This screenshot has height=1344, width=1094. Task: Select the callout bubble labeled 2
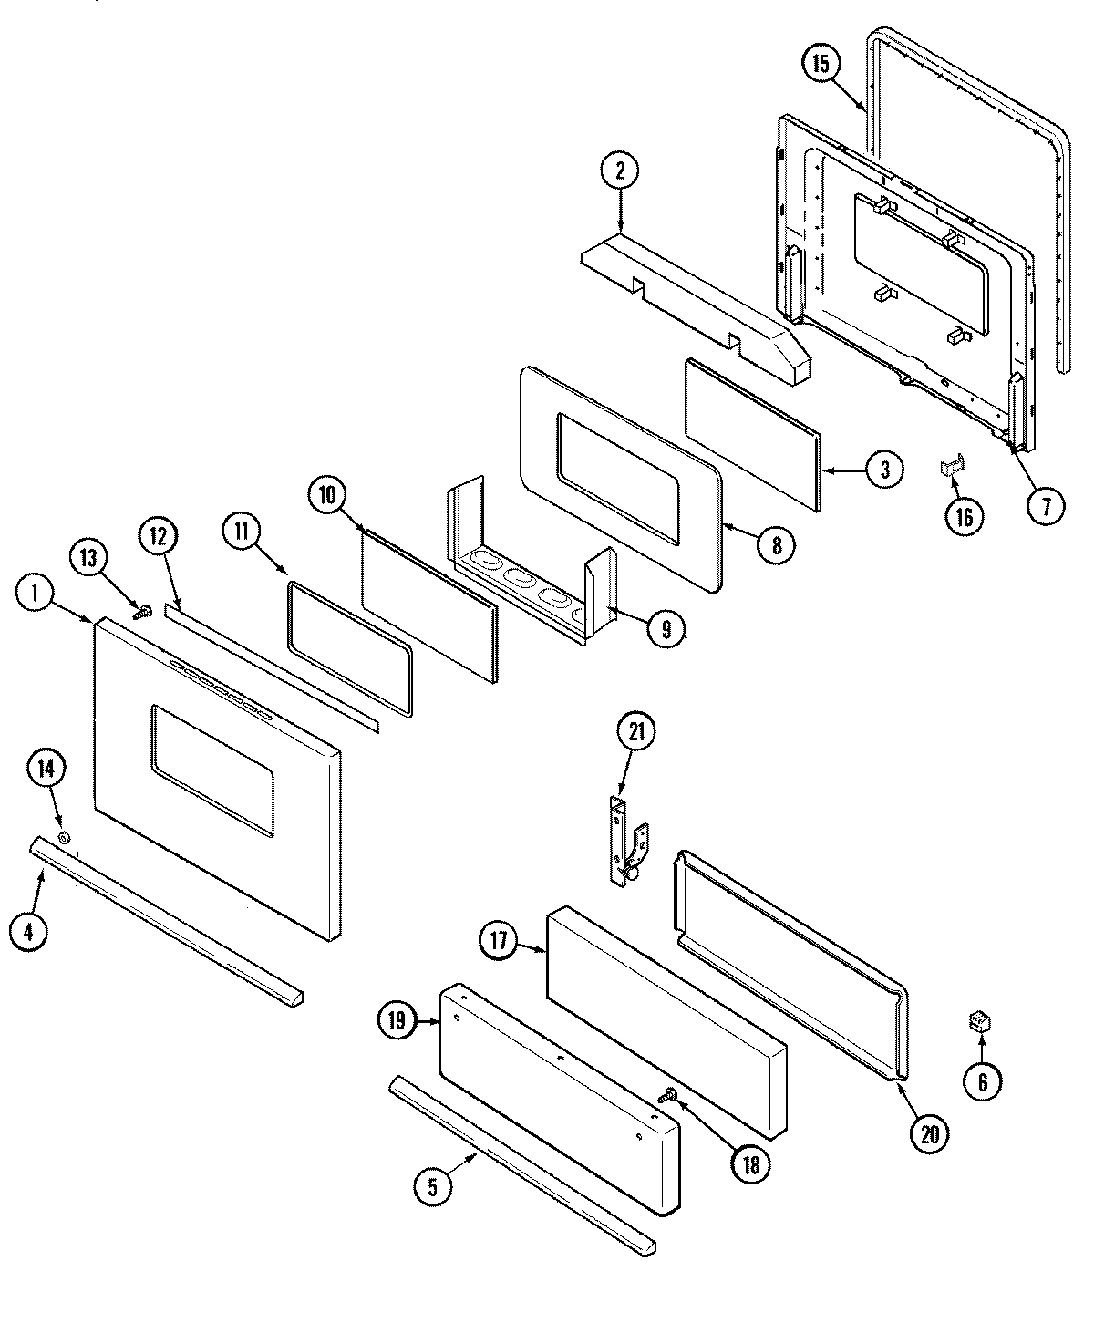620,171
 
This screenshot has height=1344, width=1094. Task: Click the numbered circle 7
1046,503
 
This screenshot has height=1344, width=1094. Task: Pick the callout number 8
775,545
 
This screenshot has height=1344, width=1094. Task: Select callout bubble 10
328,494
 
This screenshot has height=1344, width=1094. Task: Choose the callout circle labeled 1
36,594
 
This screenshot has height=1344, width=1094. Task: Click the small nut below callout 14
64,837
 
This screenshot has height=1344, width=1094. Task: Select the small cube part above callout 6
981,1022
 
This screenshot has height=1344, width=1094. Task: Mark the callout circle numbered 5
433,1186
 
